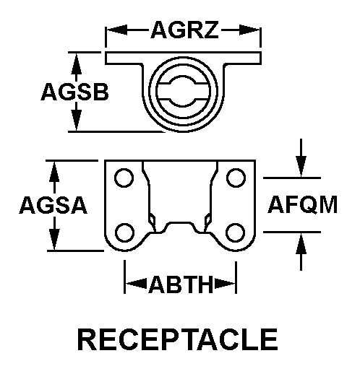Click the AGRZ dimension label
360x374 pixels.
tap(184, 30)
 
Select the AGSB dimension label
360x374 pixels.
tap(74, 92)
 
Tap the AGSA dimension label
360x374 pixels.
tap(53, 206)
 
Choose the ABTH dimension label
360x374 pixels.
tap(181, 284)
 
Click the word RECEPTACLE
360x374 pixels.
tap(177, 339)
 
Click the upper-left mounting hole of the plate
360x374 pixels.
tap(124, 178)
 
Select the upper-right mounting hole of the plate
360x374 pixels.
tap(235, 178)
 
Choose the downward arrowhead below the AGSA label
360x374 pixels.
tap(53, 242)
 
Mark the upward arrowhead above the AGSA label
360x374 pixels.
tap(53, 170)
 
